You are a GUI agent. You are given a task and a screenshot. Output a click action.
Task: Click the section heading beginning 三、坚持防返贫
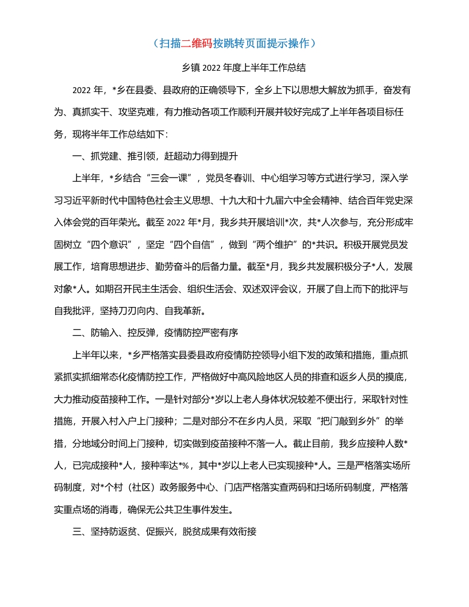(x=165, y=532)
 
